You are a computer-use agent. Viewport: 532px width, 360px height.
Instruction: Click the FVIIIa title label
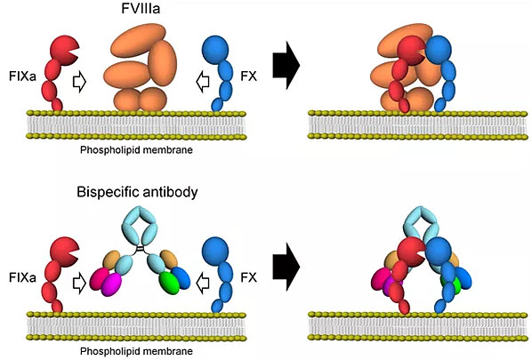pos(141,9)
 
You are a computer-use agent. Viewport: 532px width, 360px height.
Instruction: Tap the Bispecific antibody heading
pos(137,192)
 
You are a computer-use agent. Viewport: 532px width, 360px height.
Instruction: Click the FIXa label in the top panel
pos(22,76)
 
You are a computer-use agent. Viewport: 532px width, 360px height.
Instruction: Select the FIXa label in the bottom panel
pos(22,278)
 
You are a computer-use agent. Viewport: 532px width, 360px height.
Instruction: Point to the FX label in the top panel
pos(249,76)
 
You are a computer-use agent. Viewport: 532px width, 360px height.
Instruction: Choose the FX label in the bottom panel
pos(249,278)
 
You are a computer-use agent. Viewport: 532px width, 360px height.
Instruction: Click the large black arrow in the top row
pos(286,65)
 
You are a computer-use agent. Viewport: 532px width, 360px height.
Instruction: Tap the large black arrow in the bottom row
pos(286,267)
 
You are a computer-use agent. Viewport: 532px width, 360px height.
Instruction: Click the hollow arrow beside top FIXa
pos(80,82)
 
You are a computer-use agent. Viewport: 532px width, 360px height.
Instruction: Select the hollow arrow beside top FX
pos(203,82)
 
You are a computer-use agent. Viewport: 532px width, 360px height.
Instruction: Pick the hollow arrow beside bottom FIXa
pos(80,284)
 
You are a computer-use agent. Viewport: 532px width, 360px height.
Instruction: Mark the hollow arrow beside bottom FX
pos(203,284)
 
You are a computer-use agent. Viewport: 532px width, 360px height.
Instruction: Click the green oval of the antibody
pos(169,281)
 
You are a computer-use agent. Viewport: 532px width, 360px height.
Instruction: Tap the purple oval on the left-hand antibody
pos(111,284)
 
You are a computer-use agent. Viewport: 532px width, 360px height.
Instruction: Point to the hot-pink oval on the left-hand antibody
pos(99,278)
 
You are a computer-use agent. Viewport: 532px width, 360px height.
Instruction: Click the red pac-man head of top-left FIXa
pos(63,50)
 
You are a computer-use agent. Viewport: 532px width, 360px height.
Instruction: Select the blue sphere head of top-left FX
pos(215,50)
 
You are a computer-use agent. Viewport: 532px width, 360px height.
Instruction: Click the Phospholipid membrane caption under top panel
pos(136,150)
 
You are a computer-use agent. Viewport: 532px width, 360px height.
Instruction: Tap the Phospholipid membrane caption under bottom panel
pos(136,351)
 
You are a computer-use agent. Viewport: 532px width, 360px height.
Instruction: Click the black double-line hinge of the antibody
pos(139,250)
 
